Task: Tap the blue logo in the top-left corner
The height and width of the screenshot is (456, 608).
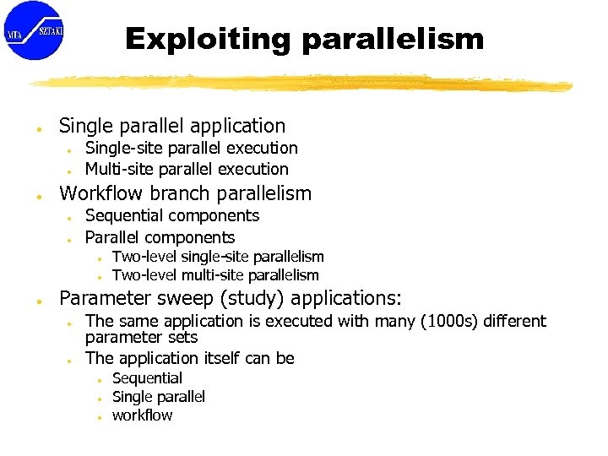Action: [33, 30]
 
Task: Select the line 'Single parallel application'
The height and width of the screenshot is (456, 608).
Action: [172, 126]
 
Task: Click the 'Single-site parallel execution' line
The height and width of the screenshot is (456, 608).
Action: [192, 148]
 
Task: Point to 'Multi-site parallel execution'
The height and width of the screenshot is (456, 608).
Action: [187, 169]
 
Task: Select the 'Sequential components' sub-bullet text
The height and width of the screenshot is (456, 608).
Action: [172, 215]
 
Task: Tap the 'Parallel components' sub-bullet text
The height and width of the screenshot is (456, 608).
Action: [160, 237]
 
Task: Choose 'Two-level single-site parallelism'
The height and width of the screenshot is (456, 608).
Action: [218, 257]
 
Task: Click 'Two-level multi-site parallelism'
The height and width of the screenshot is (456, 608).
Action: [215, 275]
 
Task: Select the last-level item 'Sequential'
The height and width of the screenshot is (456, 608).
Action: [147, 378]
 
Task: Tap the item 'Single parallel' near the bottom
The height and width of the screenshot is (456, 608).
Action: [159, 397]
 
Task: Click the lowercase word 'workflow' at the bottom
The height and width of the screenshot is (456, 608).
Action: [142, 415]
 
